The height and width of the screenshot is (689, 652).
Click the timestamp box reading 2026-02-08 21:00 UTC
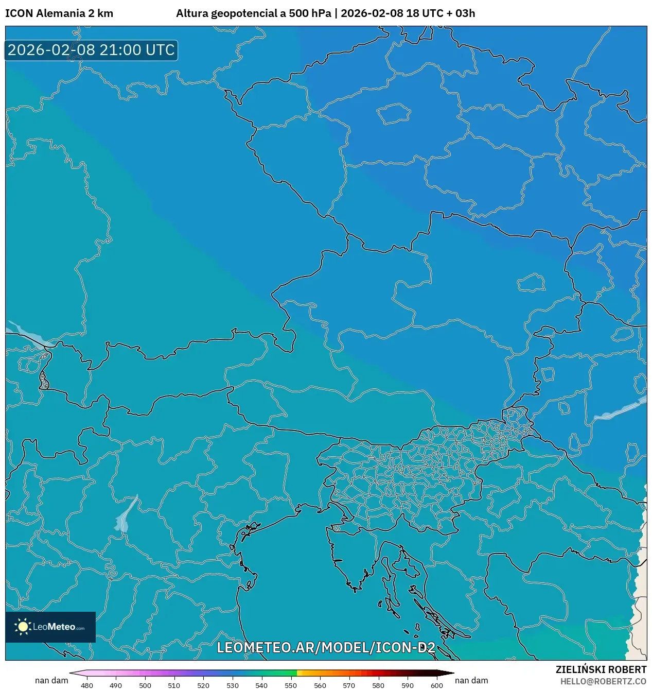pyautogui.click(x=91, y=50)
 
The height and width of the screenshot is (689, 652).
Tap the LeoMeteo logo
pyautogui.click(x=50, y=627)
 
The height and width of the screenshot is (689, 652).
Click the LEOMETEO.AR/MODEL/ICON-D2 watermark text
pyautogui.click(x=326, y=647)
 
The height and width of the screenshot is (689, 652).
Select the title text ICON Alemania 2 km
pyautogui.click(x=59, y=13)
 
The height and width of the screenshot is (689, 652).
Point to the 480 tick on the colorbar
pyautogui.click(x=87, y=685)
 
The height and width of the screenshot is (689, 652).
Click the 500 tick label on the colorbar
pyautogui.click(x=145, y=685)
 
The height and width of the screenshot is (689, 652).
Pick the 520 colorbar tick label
pyautogui.click(x=203, y=685)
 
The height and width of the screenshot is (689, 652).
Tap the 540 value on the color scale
pyautogui.click(x=261, y=685)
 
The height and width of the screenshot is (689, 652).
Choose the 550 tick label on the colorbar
pyautogui.click(x=291, y=685)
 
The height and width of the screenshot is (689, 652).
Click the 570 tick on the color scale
pyautogui.click(x=349, y=685)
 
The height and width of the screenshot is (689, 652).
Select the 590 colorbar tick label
pyautogui.click(x=407, y=685)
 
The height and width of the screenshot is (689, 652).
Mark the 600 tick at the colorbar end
pyautogui.click(x=436, y=685)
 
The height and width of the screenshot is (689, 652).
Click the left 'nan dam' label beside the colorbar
pyautogui.click(x=51, y=680)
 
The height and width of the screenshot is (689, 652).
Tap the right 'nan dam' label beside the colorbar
pyautogui.click(x=471, y=680)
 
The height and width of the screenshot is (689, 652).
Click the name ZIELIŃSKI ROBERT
pyautogui.click(x=601, y=669)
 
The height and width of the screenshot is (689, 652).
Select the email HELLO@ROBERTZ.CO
pyautogui.click(x=603, y=681)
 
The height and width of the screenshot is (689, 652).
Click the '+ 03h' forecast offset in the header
pyautogui.click(x=461, y=13)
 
